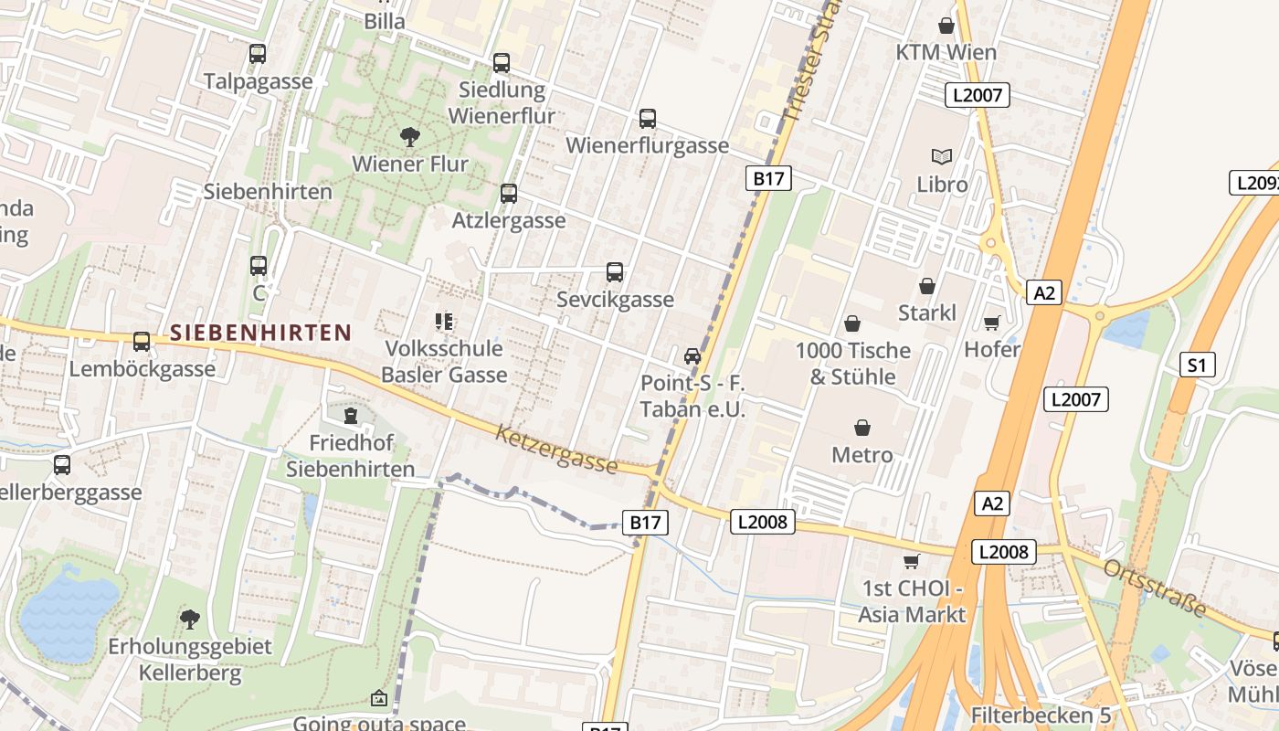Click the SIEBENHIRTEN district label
click(260, 333)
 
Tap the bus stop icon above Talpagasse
click(258, 54)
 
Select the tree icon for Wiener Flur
click(410, 137)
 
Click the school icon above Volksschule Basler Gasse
click(444, 322)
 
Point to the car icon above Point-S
click(692, 355)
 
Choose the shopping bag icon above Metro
click(861, 427)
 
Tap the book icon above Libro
click(942, 157)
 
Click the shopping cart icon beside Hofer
click(991, 322)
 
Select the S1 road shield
click(1197, 365)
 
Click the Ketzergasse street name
click(556, 449)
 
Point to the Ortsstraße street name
click(1155, 587)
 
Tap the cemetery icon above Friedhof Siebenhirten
click(350, 417)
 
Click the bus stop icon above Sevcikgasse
click(615, 272)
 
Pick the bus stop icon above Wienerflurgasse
click(647, 119)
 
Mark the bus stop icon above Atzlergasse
click(508, 194)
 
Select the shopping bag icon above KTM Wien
click(946, 26)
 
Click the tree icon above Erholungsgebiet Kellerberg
click(190, 620)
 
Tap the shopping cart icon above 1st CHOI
click(911, 560)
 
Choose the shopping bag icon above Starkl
click(927, 286)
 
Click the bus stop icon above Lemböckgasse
click(142, 342)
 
